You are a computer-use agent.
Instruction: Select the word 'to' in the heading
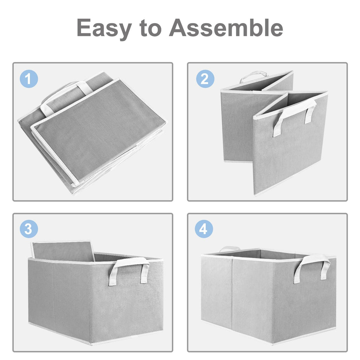tap(150, 28)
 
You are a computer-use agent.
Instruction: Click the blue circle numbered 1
tap(29, 79)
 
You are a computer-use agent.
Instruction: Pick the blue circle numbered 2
tap(205, 79)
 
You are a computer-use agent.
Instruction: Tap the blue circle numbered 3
tap(29, 229)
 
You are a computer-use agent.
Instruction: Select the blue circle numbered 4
tap(204, 229)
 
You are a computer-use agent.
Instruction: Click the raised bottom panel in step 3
tap(63, 251)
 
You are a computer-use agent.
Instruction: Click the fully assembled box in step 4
tap(269, 296)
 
